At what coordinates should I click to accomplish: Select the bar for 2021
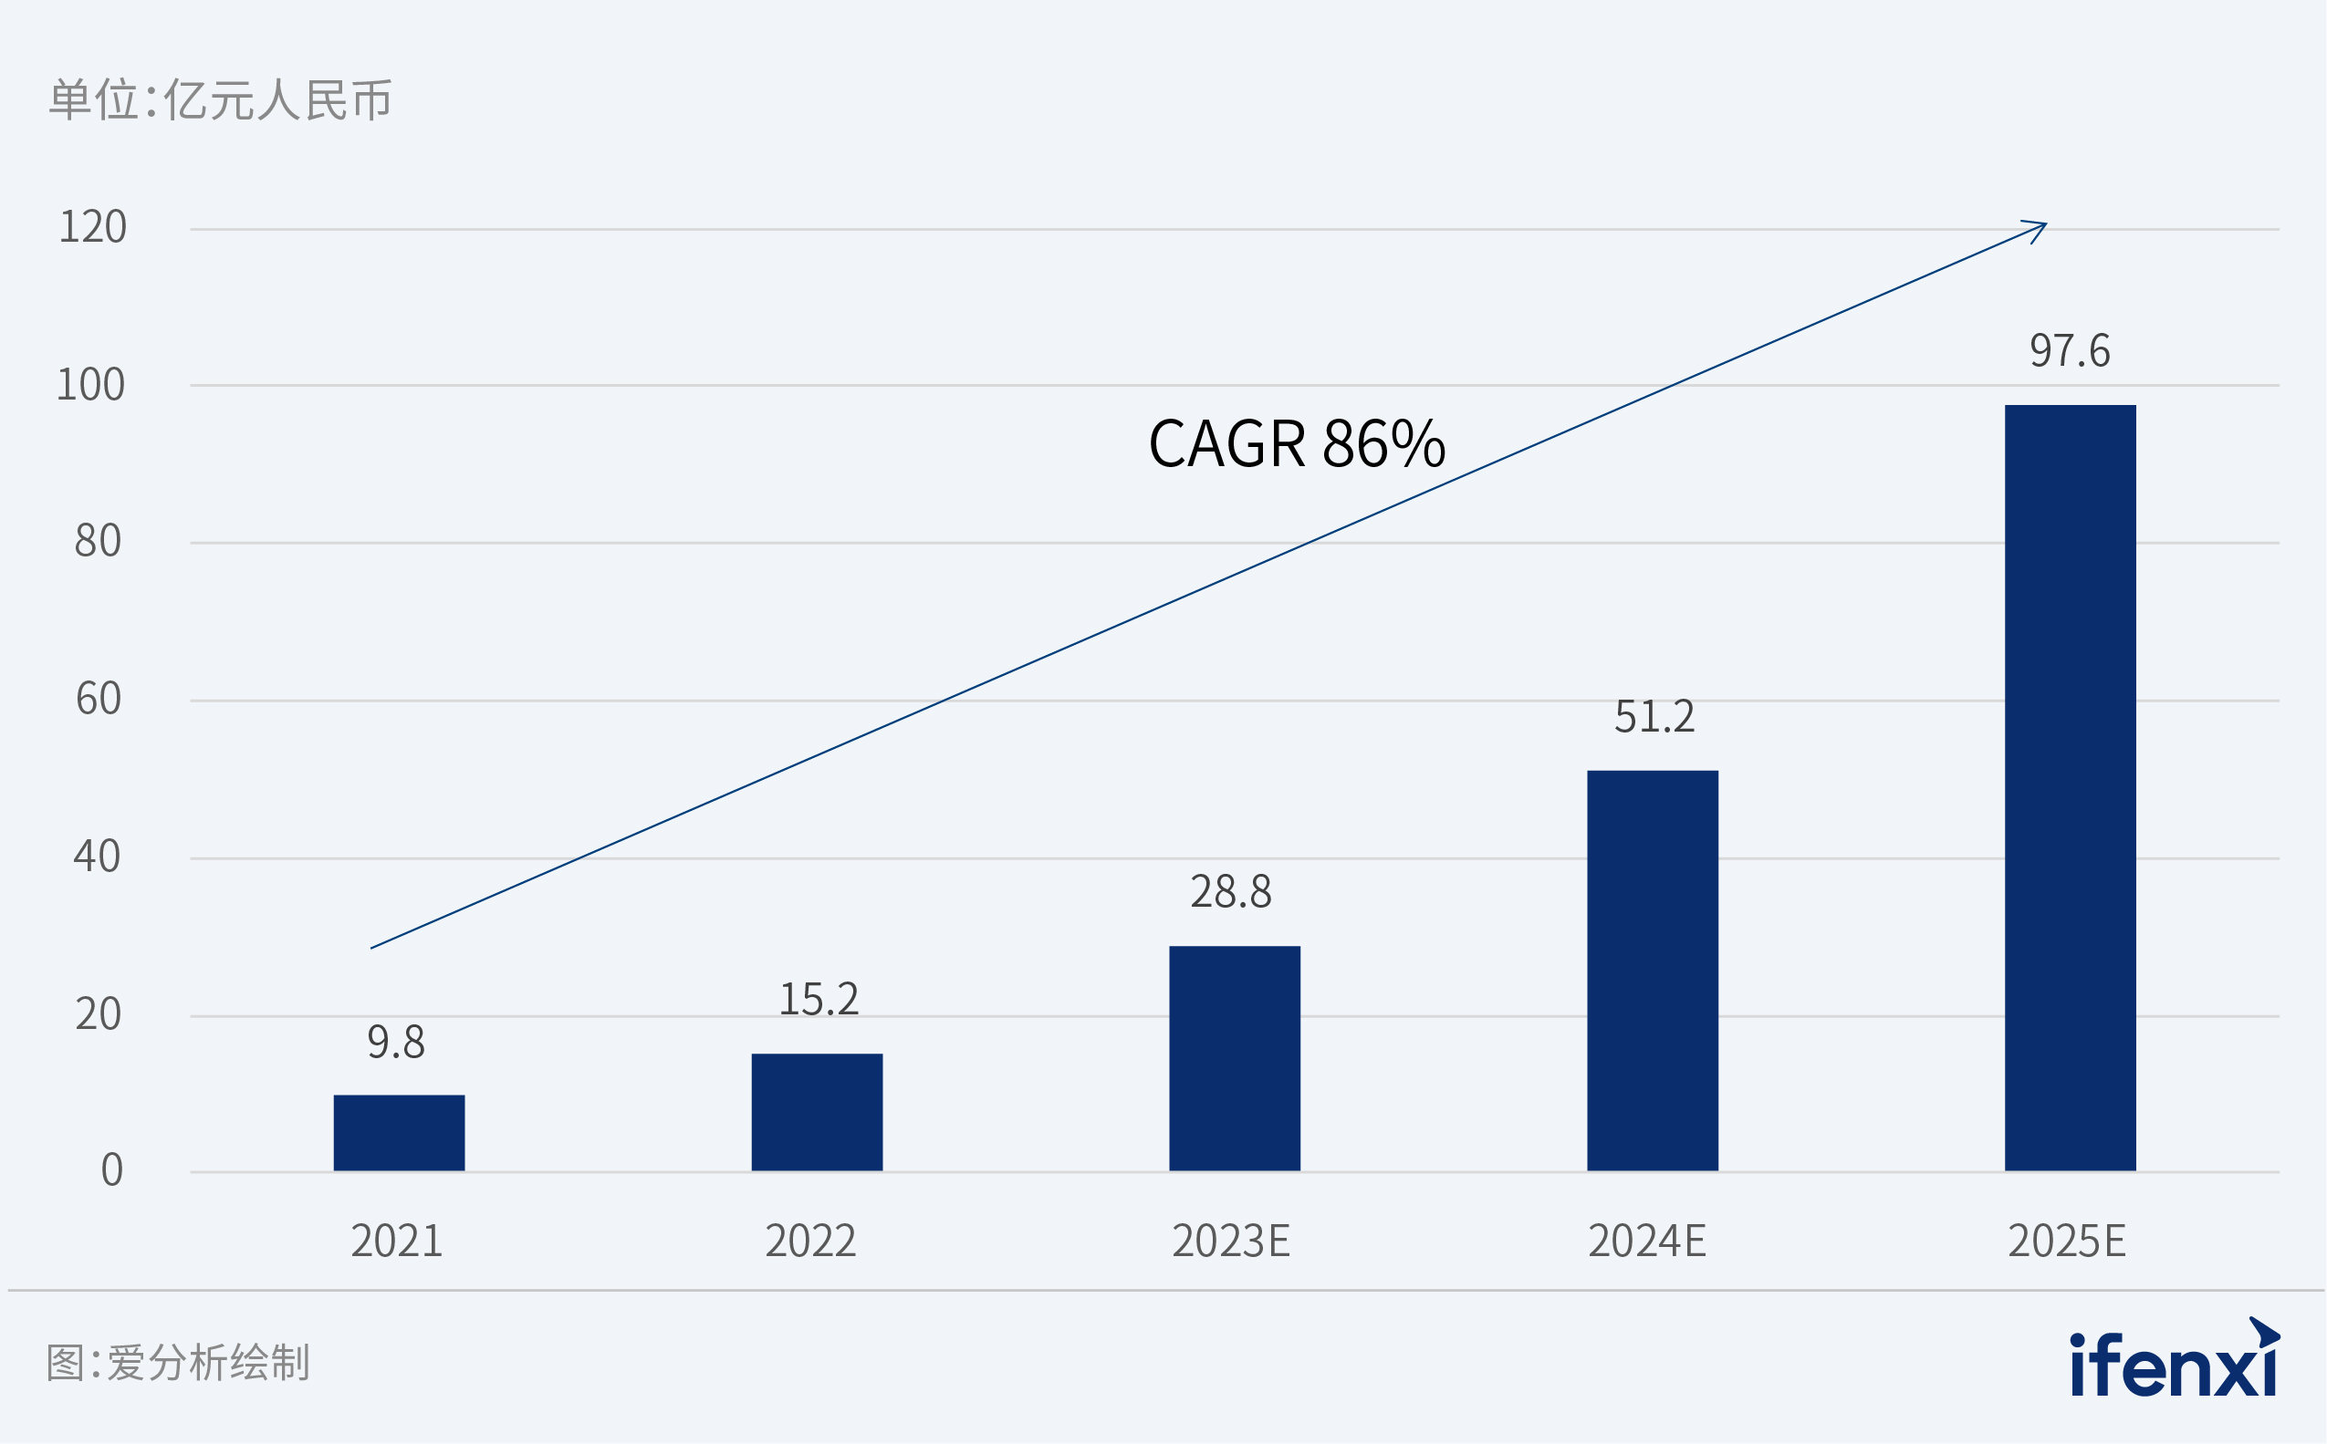(x=400, y=1133)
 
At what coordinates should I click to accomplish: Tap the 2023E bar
(x=1234, y=1058)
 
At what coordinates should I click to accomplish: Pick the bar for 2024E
(x=1653, y=971)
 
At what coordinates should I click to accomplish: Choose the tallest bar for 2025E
(x=2070, y=788)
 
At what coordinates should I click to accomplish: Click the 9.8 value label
(x=395, y=1042)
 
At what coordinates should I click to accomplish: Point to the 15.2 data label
(x=819, y=999)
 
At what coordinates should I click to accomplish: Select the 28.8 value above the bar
(x=1230, y=892)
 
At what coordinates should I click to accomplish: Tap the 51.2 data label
(x=1654, y=716)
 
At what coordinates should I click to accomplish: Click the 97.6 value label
(x=2070, y=350)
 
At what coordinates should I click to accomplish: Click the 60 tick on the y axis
(x=98, y=699)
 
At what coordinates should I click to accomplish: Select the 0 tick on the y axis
(x=111, y=1170)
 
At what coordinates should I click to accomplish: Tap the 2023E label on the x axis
(x=1230, y=1241)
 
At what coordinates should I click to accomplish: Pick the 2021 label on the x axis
(x=396, y=1241)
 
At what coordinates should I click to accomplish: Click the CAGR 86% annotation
(x=1297, y=444)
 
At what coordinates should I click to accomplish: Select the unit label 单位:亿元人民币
(x=220, y=100)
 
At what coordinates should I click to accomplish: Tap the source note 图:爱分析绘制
(x=178, y=1363)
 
